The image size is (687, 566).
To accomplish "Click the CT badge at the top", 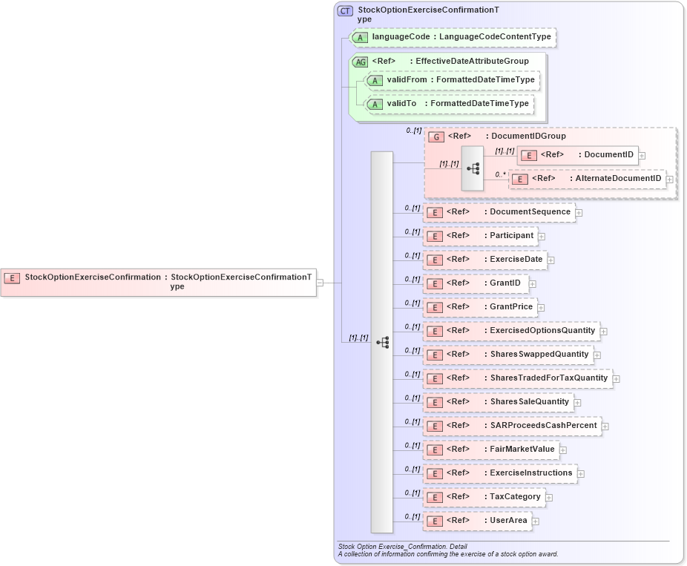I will tap(345, 11).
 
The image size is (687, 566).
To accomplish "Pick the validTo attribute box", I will tap(450, 104).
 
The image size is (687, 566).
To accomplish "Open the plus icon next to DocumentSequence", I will tap(579, 213).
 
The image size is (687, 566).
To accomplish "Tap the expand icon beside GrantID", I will tap(533, 284).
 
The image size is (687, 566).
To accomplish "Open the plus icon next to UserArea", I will tap(536, 521).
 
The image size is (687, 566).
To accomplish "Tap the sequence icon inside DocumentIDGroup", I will tap(473, 168).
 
